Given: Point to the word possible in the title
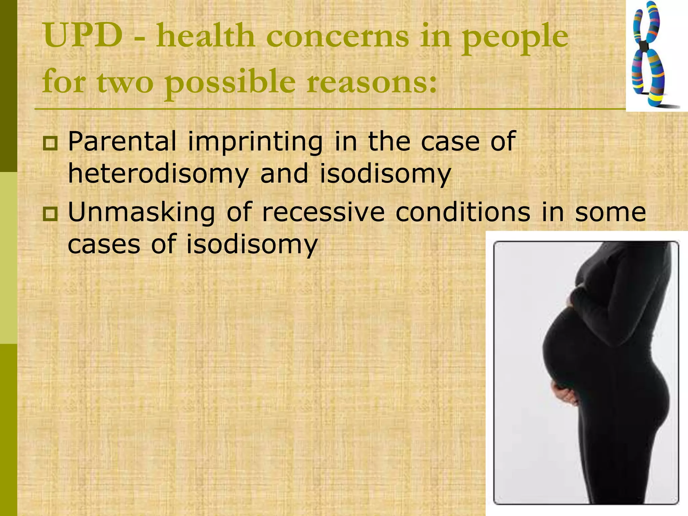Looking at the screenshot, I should (230, 83).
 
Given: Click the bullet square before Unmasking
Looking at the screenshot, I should (50, 214).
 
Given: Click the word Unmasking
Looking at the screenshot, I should (141, 213).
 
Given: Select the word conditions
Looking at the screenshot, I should (463, 212).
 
